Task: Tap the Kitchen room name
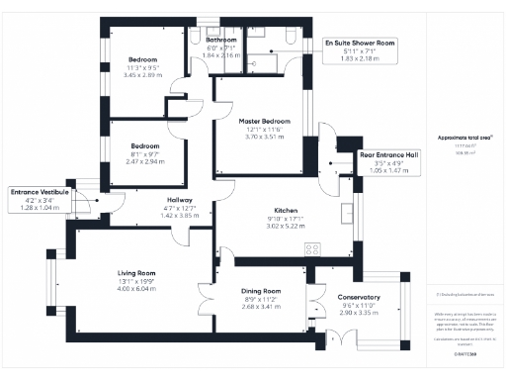pos(287,212)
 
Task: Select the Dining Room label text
pos(263,291)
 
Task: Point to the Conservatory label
pos(358,298)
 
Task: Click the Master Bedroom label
pos(264,121)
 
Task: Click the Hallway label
pos(180,200)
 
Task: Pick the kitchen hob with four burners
pos(313,249)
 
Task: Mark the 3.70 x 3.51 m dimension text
pos(264,137)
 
